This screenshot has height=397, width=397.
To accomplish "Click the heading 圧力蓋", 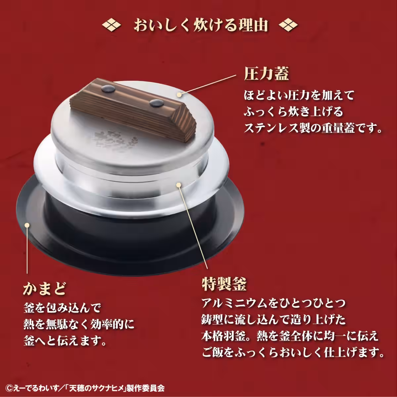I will click(x=267, y=74).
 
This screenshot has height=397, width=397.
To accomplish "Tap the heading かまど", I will click(x=45, y=288).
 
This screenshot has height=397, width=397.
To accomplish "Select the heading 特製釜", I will click(x=224, y=284).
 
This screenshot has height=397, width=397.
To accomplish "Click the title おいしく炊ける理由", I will click(x=200, y=25).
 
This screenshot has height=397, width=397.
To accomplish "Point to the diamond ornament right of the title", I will click(x=288, y=25).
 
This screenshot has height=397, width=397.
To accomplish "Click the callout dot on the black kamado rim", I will click(x=27, y=226).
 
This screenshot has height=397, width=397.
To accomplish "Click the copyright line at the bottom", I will click(x=86, y=387).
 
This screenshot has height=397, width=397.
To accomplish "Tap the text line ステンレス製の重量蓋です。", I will click(x=313, y=128).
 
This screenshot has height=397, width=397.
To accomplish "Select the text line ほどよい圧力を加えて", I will click(x=299, y=96).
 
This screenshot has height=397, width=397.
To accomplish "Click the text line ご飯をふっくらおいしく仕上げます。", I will click(x=293, y=352).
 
